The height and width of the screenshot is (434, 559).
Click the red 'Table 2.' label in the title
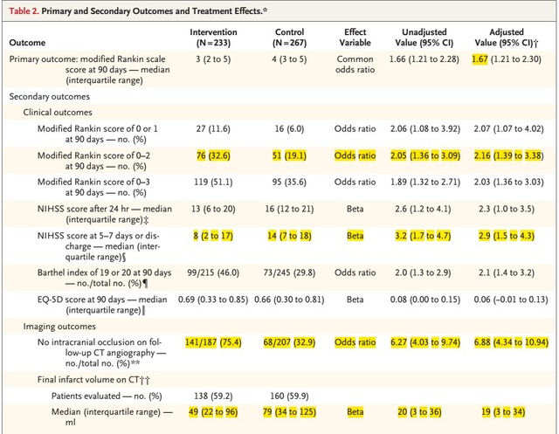click(24, 11)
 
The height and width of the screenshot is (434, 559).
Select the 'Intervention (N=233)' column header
click(213, 38)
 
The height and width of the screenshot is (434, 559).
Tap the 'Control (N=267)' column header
click(289, 38)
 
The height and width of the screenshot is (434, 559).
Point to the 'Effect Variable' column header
click(355, 38)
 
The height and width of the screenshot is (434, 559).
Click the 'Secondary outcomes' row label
click(50, 97)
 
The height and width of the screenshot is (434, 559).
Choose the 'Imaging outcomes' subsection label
click(59, 327)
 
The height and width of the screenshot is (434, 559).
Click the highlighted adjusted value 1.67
click(480, 59)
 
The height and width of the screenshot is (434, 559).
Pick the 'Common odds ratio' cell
click(355, 64)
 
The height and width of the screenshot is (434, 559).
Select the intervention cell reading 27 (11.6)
click(213, 128)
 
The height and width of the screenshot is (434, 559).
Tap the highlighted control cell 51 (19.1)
click(289, 155)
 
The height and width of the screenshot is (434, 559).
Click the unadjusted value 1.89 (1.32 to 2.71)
click(425, 183)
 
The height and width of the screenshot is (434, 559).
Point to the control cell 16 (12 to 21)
click(289, 209)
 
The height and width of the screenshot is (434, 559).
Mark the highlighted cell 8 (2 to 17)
click(213, 236)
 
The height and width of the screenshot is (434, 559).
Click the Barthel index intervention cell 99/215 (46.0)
click(213, 273)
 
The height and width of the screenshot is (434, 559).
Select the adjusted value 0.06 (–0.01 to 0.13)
click(510, 300)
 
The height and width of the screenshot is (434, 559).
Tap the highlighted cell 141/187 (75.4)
click(213, 342)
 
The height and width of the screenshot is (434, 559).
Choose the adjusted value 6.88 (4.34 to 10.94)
click(511, 342)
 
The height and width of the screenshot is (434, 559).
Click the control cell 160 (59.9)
click(289, 396)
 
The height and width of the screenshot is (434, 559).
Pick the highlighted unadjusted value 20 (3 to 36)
click(419, 412)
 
